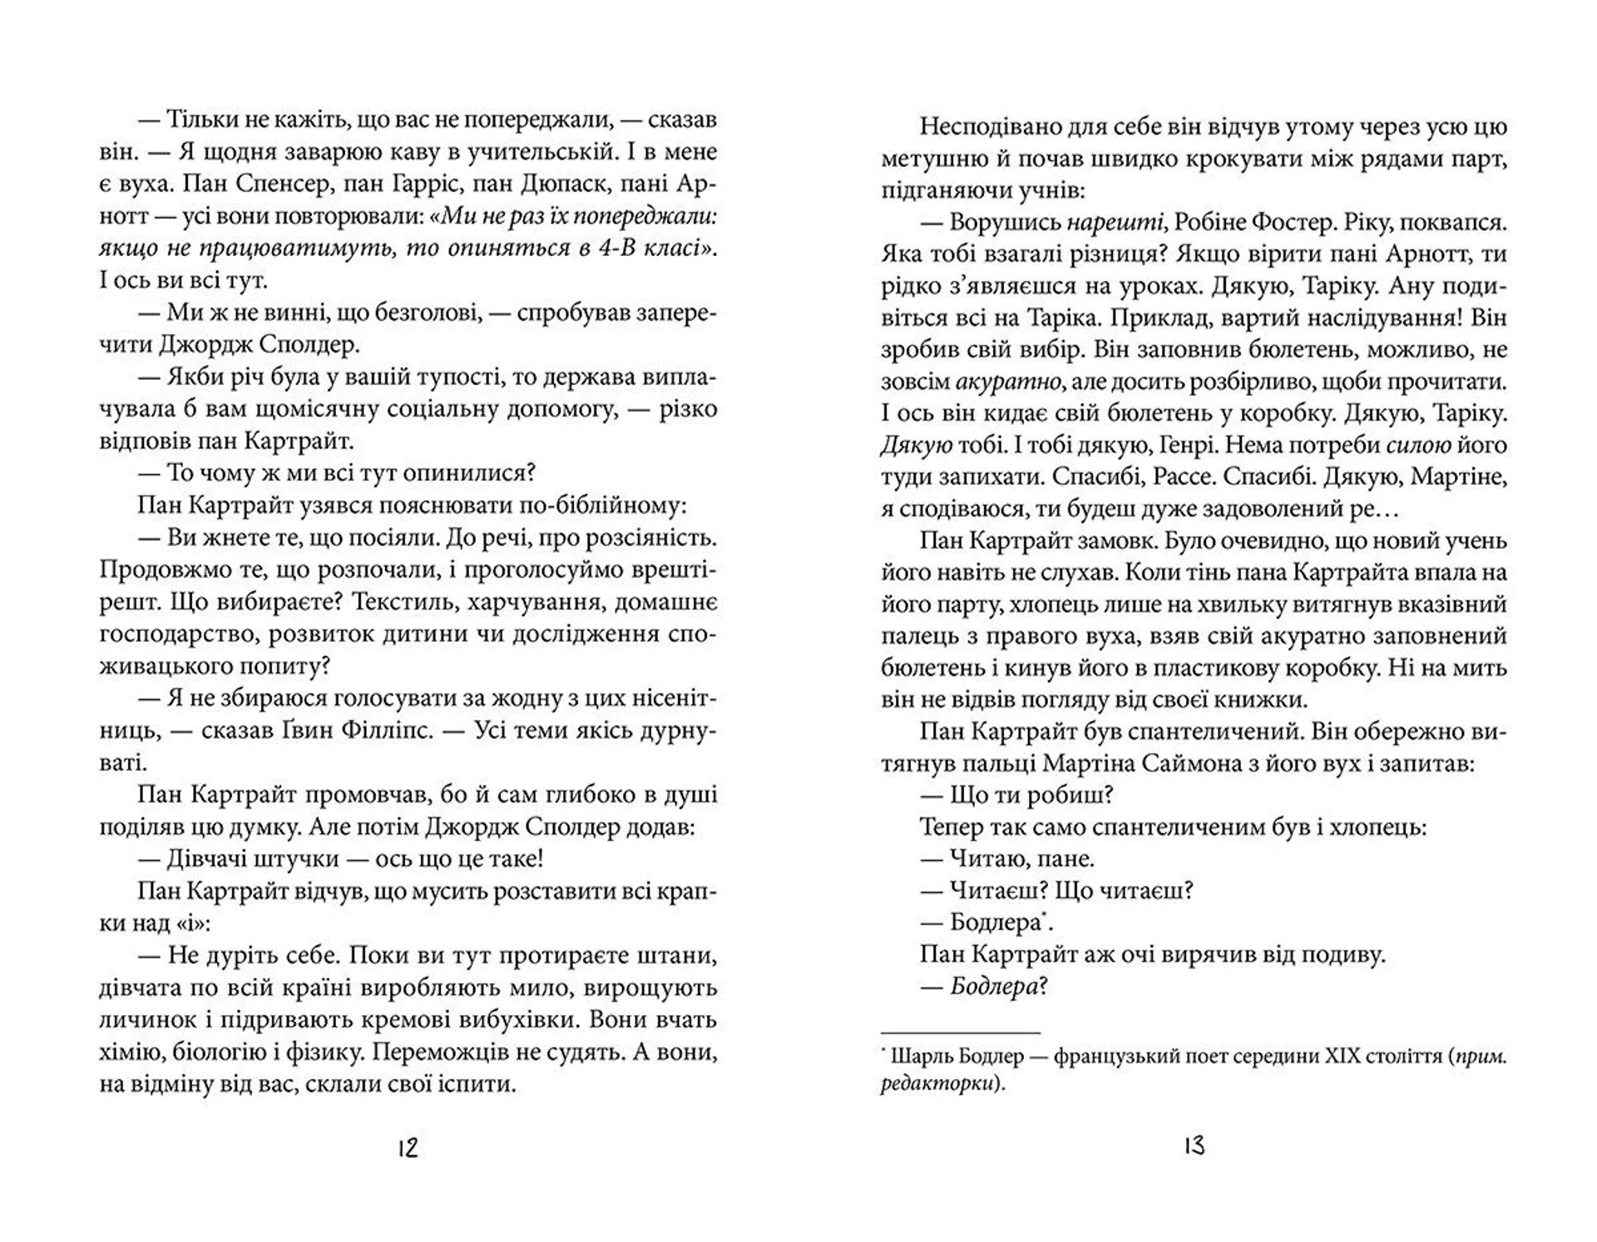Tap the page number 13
(x=1194, y=1146)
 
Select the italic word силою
(x=1418, y=446)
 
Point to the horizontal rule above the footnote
(x=960, y=1032)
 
